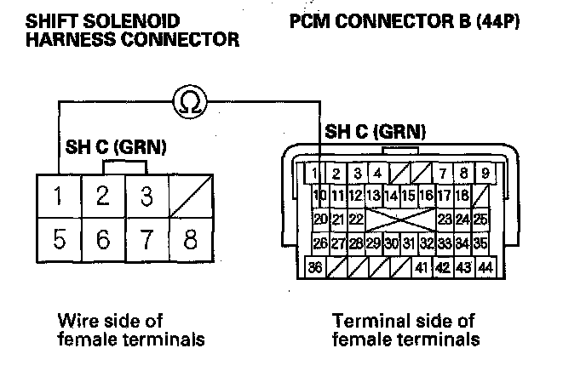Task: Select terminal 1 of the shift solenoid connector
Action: coord(58,197)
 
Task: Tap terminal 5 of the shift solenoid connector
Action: coord(58,240)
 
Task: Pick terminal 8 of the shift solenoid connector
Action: coord(191,240)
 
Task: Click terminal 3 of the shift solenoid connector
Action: coord(146,197)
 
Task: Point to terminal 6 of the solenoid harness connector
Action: coord(102,240)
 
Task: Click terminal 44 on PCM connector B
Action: coord(485,267)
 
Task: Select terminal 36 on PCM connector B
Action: coord(316,267)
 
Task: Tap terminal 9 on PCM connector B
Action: coord(485,174)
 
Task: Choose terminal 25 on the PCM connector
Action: coord(481,220)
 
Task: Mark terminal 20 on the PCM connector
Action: coord(320,220)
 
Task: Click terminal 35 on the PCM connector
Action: coord(481,243)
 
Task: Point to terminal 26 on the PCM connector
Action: coord(320,243)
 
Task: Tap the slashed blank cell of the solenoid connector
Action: coord(191,197)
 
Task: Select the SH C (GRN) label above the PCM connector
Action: coord(375,132)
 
